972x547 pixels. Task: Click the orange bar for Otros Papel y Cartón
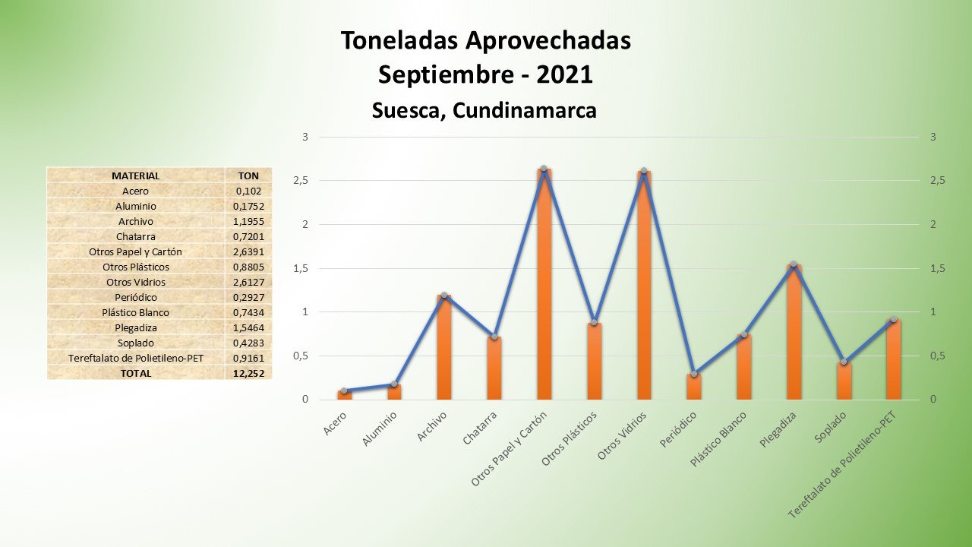tap(544, 289)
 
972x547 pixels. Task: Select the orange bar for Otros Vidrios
tap(644, 289)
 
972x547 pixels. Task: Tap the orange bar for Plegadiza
tap(794, 334)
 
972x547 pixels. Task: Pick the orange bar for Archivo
tap(444, 349)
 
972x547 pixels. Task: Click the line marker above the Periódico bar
tap(694, 374)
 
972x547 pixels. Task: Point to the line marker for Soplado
tap(844, 362)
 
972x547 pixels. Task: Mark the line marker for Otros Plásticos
tap(594, 322)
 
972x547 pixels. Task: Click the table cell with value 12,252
tap(248, 373)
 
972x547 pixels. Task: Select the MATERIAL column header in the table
tap(135, 175)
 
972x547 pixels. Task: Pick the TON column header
tap(248, 175)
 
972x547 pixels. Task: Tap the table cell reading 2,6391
tap(248, 251)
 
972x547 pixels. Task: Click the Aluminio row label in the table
tap(135, 206)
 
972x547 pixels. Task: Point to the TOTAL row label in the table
tap(135, 373)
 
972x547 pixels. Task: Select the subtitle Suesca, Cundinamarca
tap(484, 110)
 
